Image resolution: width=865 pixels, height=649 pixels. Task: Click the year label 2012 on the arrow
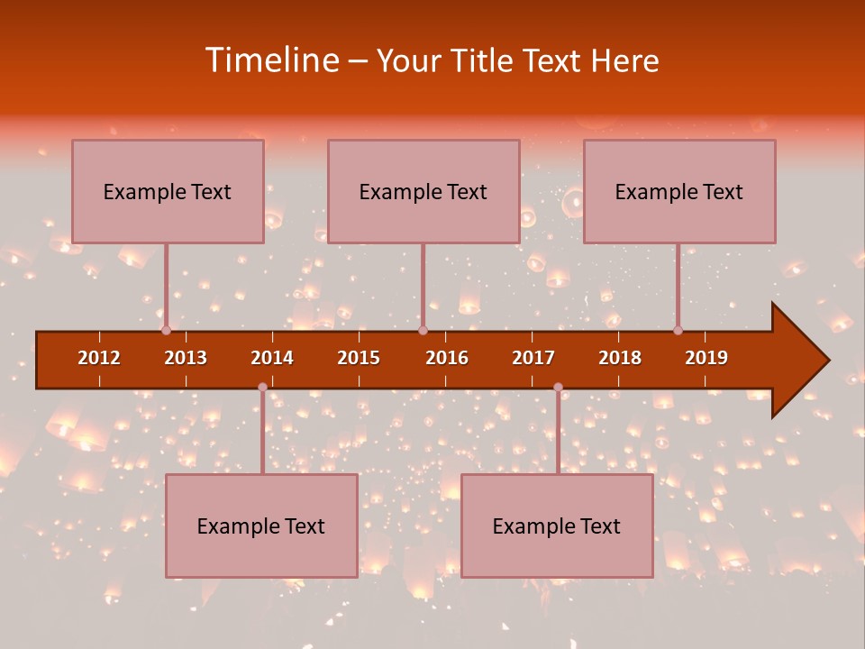(x=99, y=358)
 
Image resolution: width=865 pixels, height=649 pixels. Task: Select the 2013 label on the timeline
(x=186, y=358)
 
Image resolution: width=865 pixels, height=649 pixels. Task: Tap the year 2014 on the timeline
(x=272, y=358)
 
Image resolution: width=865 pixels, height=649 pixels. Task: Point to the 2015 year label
(x=359, y=358)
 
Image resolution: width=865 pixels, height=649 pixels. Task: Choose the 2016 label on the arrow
(x=447, y=358)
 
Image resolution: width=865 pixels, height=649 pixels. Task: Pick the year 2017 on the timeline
(x=533, y=358)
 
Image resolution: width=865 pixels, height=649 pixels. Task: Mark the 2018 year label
(x=620, y=358)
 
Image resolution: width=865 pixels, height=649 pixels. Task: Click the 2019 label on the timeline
(x=706, y=358)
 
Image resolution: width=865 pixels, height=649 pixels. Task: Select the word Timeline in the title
(x=270, y=60)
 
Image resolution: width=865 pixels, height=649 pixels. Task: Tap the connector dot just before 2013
(x=166, y=331)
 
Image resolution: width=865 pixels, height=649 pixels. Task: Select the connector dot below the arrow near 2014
(x=262, y=387)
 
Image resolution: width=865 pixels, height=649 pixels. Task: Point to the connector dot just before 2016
(x=423, y=331)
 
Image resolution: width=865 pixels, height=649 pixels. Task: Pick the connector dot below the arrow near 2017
(x=558, y=387)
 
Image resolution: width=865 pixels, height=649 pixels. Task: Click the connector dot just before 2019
(x=678, y=331)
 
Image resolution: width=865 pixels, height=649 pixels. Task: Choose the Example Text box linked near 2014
(x=261, y=526)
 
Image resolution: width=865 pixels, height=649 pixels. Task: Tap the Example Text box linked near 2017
(x=557, y=526)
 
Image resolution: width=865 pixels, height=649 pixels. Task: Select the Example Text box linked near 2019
(x=679, y=191)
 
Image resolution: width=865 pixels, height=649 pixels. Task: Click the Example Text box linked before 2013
(x=168, y=191)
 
